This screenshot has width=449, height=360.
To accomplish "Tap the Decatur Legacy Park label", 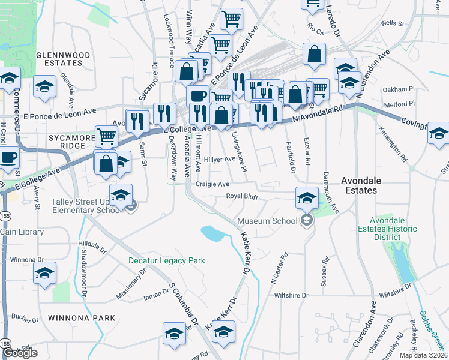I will pyautogui.click(x=167, y=260).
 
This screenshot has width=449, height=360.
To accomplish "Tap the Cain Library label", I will pyautogui.click(x=22, y=232).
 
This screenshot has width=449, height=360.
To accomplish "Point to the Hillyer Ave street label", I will pyautogui.click(x=220, y=159).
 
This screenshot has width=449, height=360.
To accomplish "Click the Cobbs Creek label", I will pyautogui.click(x=432, y=327).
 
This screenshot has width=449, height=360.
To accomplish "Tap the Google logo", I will pyautogui.click(x=20, y=353).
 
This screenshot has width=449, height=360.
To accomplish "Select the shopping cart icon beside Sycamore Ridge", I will pyautogui.click(x=107, y=136).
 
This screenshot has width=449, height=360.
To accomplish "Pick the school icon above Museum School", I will pyautogui.click(x=307, y=196).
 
